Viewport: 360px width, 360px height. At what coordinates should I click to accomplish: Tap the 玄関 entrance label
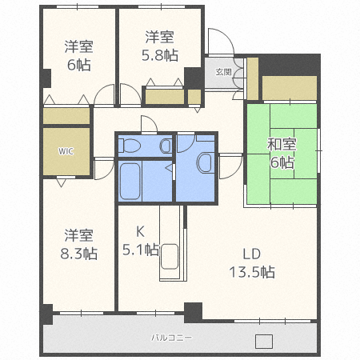click(x=223, y=72)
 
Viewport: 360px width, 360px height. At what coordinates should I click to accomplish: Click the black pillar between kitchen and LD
click(x=193, y=310)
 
